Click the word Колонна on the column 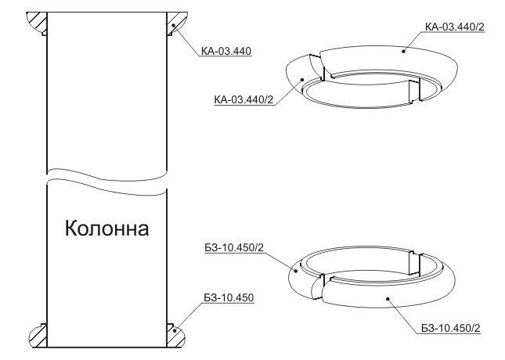[x=107, y=229]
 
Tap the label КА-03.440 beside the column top [x=226, y=51]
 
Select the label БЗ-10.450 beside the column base [x=229, y=297]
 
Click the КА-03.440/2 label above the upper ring [x=455, y=27]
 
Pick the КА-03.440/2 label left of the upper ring [x=243, y=99]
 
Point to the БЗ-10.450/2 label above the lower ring [x=234, y=247]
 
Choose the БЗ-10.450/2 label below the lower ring [x=451, y=328]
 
